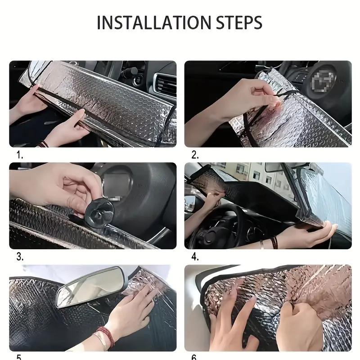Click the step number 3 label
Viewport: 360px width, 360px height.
19,256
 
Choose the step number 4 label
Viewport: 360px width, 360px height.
194,256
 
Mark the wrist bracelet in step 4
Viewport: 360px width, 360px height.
274,243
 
